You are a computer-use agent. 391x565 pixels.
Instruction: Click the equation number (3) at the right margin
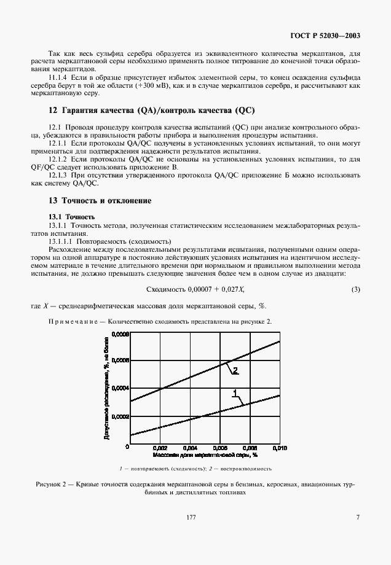click(x=355, y=290)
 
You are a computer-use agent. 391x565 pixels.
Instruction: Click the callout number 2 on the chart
click(x=234, y=370)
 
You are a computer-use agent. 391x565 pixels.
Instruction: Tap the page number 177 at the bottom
click(x=191, y=518)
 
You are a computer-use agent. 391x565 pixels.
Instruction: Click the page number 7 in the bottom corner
click(x=357, y=518)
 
